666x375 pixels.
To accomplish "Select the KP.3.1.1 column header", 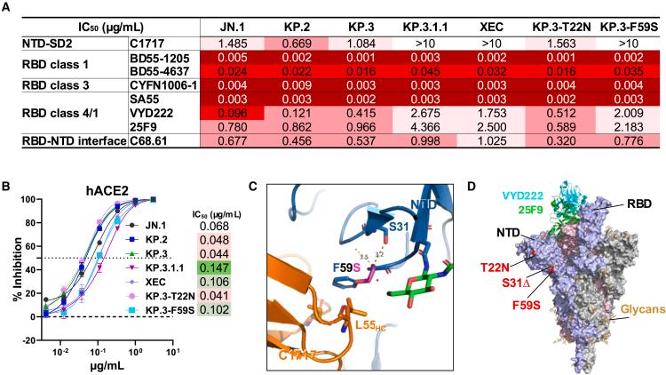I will pos(422,25).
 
